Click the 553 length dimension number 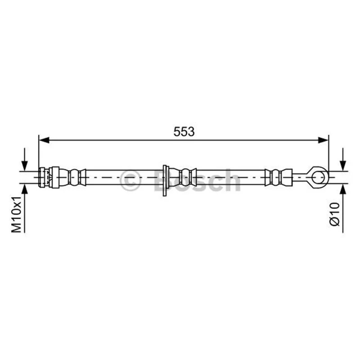[x=184, y=132]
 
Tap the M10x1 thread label [x=17, y=214]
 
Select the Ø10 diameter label [x=335, y=214]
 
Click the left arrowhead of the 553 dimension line [x=44, y=140]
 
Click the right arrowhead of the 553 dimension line [x=323, y=140]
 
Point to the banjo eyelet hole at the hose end [x=319, y=178]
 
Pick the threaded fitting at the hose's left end [x=49, y=177]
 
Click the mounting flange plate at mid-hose [x=165, y=180]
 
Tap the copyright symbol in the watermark [x=130, y=180]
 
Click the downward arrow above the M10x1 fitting [x=24, y=159]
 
